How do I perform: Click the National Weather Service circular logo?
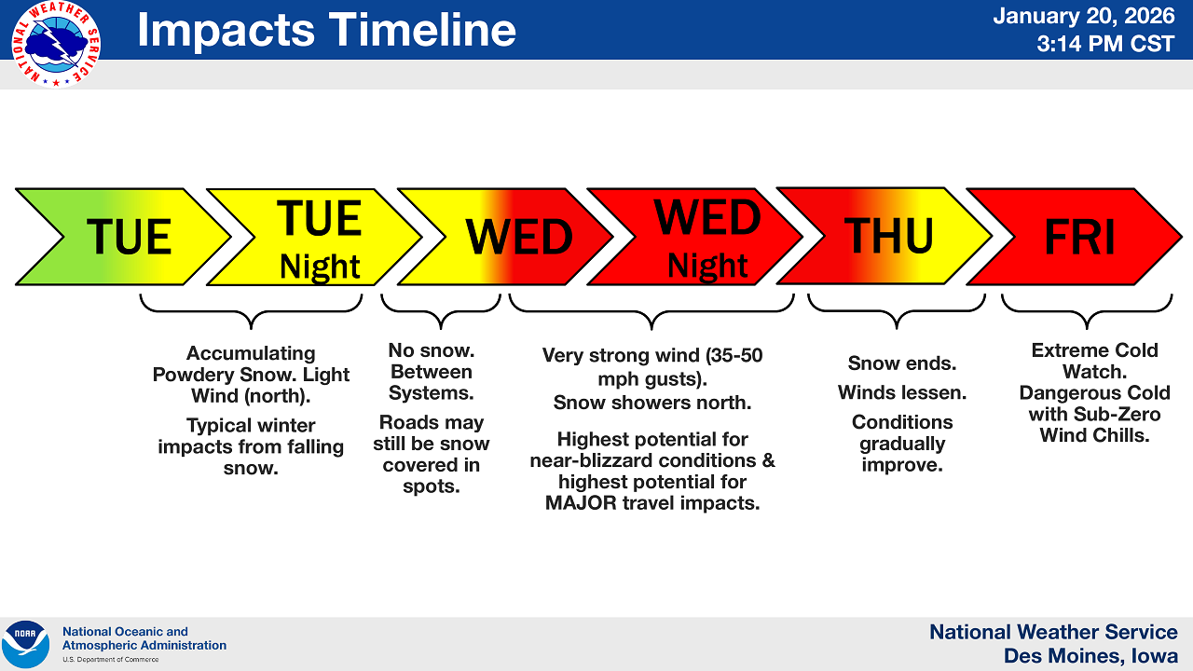click(55, 44)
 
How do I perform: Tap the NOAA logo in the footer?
click(25, 644)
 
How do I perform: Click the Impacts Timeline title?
click(326, 30)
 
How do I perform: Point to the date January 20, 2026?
click(1083, 16)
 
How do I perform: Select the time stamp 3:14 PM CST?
click(1105, 44)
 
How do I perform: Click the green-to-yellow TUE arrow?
click(123, 237)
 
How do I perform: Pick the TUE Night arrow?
click(314, 237)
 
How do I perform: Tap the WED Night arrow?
click(695, 237)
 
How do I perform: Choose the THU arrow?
click(884, 236)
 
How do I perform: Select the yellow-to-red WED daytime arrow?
click(505, 237)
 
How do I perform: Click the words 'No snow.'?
click(432, 350)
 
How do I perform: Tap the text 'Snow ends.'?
click(902, 363)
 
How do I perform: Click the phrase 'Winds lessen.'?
click(902, 392)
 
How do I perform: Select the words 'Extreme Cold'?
click(1094, 350)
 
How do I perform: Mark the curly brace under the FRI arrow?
click(1087, 311)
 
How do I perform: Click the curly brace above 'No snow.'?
click(441, 311)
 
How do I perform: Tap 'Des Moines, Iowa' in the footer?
click(1090, 656)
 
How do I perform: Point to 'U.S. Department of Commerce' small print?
click(111, 659)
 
